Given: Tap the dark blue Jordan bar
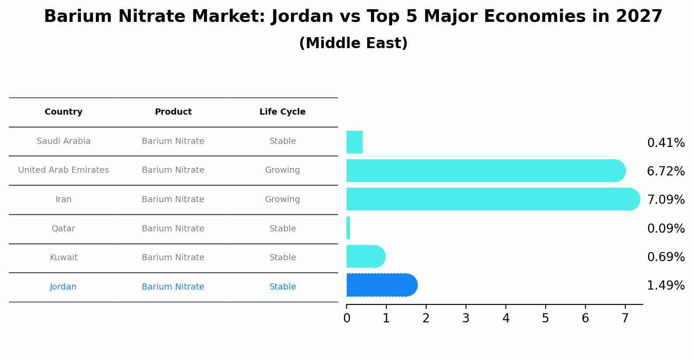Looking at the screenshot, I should pos(381,285).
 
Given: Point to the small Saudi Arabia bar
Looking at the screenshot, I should pos(354,142).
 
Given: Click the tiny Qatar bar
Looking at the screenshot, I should pos(348,228).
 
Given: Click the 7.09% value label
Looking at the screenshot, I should pos(666,200).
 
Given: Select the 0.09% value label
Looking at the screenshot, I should pos(666,229).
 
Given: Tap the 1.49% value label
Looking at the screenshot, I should pos(666,286).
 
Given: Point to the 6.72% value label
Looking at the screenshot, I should pos(666,171).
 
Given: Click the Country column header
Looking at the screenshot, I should pos(63,112).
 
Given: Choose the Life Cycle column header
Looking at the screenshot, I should pos(282,112).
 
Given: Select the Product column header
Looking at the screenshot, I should pos(173,112).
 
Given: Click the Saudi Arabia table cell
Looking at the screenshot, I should pos(63,141).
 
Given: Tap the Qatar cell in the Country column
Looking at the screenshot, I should pos(63,229).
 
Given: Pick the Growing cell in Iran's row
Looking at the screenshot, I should pos(282,199).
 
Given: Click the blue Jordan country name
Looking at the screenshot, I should pos(63,287).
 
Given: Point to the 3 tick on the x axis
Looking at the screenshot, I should pos(466,318).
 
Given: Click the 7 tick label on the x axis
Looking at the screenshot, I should pos(625,318).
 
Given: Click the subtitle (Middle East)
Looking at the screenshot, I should pos(353,43).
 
